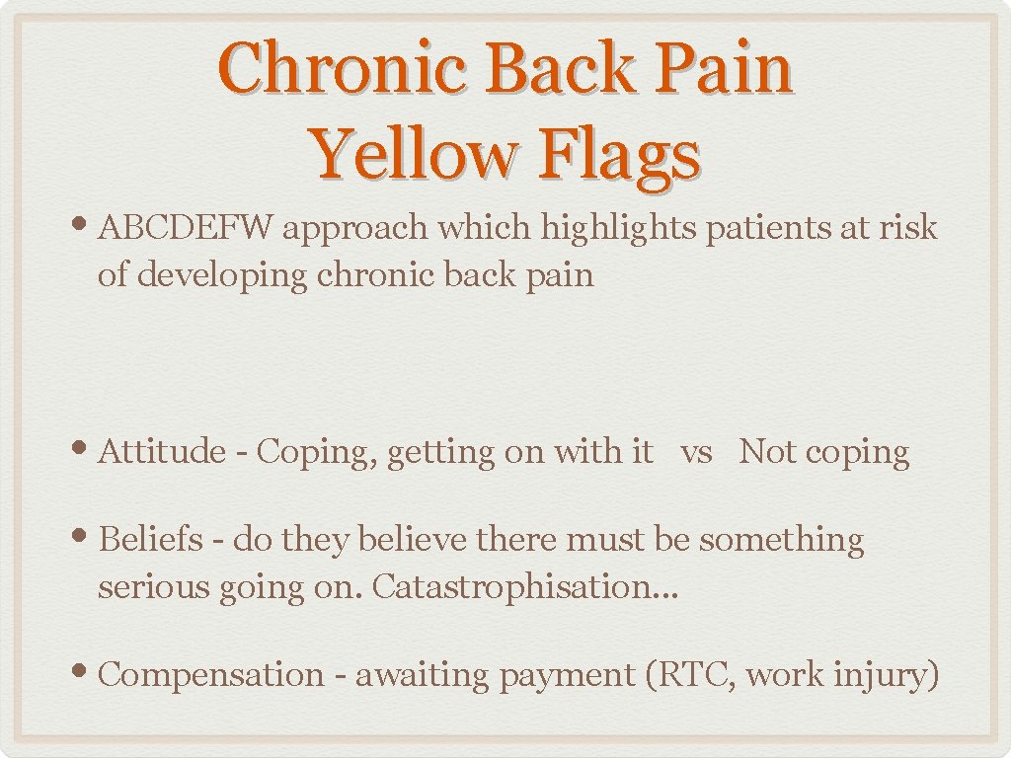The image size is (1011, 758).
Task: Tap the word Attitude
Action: pyautogui.click(x=163, y=452)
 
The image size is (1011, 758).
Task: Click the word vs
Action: pyautogui.click(x=696, y=453)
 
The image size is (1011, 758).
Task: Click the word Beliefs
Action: pyautogui.click(x=149, y=540)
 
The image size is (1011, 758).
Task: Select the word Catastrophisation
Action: pyautogui.click(x=507, y=587)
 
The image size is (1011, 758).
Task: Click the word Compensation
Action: pyautogui.click(x=211, y=675)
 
